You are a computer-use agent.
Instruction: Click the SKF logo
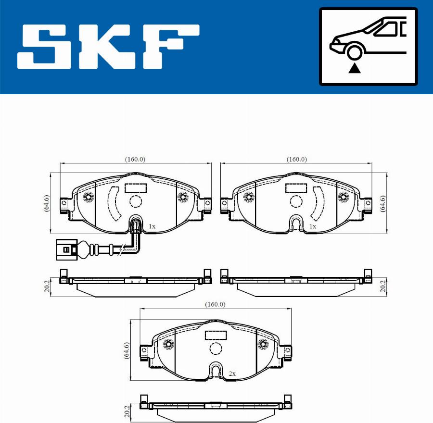[x=108, y=47]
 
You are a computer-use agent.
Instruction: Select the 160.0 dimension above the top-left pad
[x=135, y=159]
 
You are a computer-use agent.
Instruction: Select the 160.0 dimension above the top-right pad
[x=296, y=159]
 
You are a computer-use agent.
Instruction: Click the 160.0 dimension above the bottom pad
[x=215, y=304]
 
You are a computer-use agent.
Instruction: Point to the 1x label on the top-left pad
[x=152, y=226]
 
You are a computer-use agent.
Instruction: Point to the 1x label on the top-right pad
[x=312, y=226]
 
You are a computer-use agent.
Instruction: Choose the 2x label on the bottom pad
[x=232, y=373]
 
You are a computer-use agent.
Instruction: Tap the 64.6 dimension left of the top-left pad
[x=46, y=203]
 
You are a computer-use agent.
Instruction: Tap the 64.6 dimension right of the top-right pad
[x=382, y=203]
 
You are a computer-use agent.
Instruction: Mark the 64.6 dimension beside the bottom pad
[x=127, y=351]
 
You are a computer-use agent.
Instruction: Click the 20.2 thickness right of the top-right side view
[x=382, y=286]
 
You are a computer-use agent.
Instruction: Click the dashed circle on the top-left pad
[x=136, y=202]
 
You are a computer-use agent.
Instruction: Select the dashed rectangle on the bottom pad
[x=216, y=336]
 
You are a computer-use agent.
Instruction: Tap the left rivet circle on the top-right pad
[x=248, y=197]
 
